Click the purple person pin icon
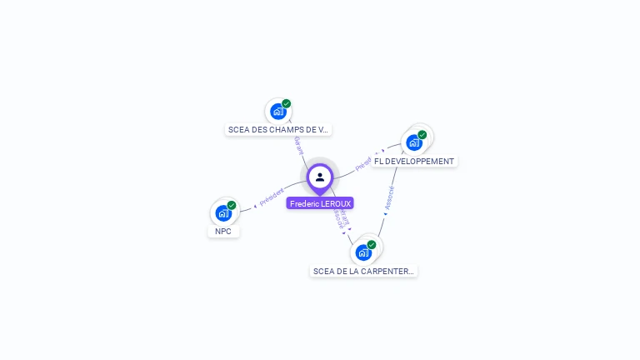pyautogui.click(x=320, y=177)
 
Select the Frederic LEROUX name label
pyautogui.click(x=320, y=203)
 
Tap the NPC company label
pyautogui.click(x=223, y=232)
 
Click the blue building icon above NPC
pyautogui.click(x=223, y=212)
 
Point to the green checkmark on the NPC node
pyautogui.click(x=232, y=205)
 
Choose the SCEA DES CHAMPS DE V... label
pyautogui.click(x=278, y=130)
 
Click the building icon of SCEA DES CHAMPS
pyautogui.click(x=277, y=111)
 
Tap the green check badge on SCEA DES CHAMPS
pyautogui.click(x=287, y=104)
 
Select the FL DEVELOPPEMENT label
pyautogui.click(x=414, y=161)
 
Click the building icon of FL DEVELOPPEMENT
pyautogui.click(x=414, y=142)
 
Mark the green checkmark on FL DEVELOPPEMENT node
pyautogui.click(x=422, y=135)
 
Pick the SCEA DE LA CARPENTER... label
pyautogui.click(x=363, y=271)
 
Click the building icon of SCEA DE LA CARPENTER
pyautogui.click(x=363, y=252)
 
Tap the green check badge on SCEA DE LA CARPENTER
pyautogui.click(x=372, y=245)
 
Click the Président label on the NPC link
pyautogui.click(x=272, y=197)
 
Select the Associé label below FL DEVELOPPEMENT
pyautogui.click(x=389, y=197)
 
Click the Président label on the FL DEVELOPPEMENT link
pyautogui.click(x=363, y=163)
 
